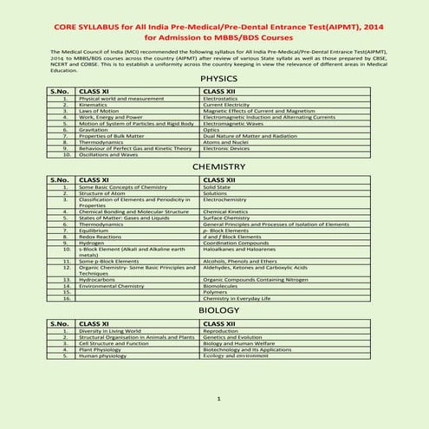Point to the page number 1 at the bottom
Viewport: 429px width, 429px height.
218,400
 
